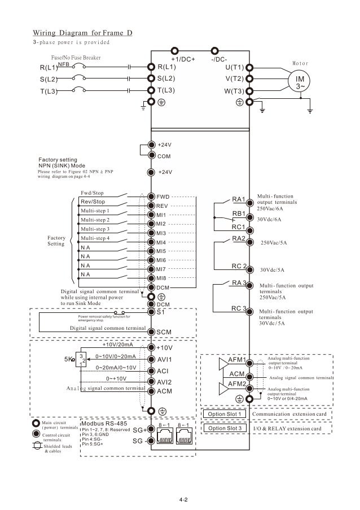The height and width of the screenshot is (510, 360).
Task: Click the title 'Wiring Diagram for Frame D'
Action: (x=82, y=32)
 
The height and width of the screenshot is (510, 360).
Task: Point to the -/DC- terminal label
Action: (x=219, y=59)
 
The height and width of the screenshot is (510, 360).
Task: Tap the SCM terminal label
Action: (x=164, y=332)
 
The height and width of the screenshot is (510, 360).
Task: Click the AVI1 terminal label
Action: (x=164, y=359)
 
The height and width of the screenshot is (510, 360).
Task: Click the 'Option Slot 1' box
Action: (x=224, y=414)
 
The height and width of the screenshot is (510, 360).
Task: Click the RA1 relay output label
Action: (x=239, y=199)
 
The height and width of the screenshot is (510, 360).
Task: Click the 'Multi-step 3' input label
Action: (x=95, y=229)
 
